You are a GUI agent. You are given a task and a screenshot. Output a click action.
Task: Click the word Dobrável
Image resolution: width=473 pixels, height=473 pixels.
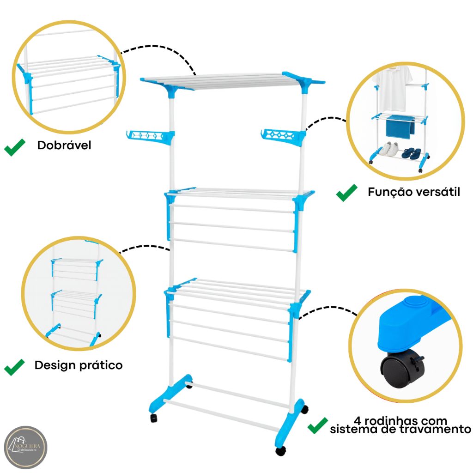point(64,146)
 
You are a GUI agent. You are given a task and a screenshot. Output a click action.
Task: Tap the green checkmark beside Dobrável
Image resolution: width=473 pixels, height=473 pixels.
point(14,149)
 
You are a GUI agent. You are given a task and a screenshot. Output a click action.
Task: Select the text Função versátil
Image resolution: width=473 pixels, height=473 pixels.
point(414,192)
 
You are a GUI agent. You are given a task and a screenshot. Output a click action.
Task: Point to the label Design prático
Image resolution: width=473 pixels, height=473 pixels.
point(79,365)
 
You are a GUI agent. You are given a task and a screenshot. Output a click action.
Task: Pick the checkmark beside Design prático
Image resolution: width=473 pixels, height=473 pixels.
point(14,367)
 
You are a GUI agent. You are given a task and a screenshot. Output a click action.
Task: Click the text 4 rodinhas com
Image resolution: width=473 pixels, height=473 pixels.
point(400,421)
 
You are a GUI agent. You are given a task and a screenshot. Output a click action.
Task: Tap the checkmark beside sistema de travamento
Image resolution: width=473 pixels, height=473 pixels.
point(318,425)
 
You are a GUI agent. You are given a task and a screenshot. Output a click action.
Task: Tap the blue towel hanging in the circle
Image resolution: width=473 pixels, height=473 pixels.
point(400,126)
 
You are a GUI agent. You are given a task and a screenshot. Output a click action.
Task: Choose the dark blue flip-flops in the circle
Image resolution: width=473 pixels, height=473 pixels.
point(411,153)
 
